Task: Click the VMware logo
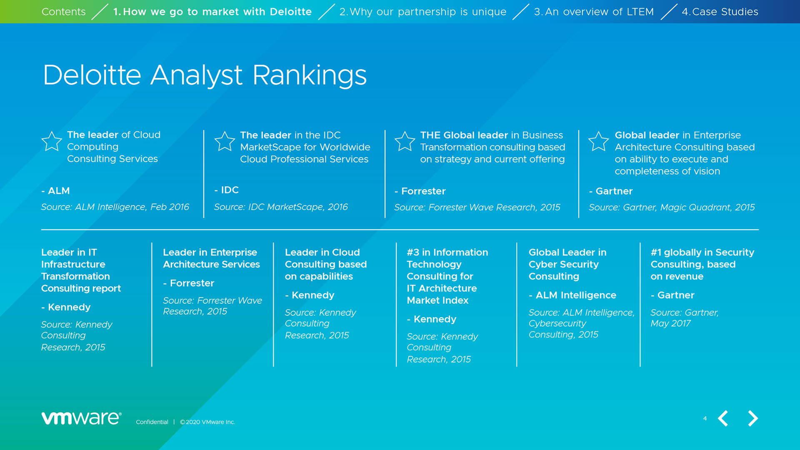coord(81,418)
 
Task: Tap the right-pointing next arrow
coord(752,418)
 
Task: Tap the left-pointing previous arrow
coord(723,418)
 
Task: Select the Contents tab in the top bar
coord(63,12)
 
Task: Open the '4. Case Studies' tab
coord(720,12)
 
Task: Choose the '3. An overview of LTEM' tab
coord(594,12)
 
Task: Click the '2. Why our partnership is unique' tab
coord(423,12)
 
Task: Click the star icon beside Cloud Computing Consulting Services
coord(52,141)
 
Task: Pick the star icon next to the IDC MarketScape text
coord(225,141)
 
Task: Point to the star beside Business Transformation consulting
coord(405,141)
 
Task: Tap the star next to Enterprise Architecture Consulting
coord(598,141)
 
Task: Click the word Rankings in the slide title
coord(310,76)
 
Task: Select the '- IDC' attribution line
coord(226,190)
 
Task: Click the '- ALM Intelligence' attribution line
coord(572,295)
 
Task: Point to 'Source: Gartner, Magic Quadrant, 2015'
coord(672,207)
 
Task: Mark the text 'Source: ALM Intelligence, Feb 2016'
coord(115,207)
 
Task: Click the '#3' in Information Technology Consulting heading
coord(413,252)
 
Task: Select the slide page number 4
coord(705,418)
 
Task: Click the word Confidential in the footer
coord(152,422)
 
